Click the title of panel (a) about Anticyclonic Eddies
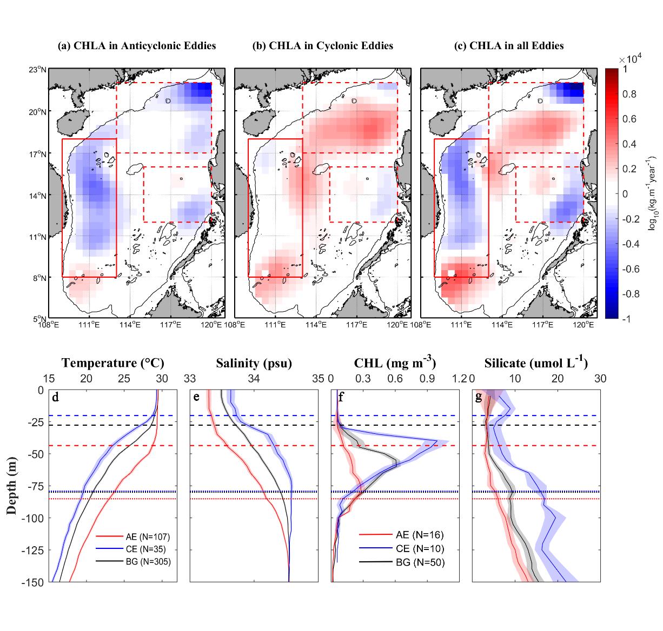tap(137, 46)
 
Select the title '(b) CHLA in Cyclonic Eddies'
tap(323, 46)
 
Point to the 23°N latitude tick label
tap(40, 70)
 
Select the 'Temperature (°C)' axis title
tap(113, 363)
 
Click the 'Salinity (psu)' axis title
tap(254, 363)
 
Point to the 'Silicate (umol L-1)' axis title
tap(536, 363)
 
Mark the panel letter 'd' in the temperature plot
tap(55, 398)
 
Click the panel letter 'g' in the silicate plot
tap(478, 398)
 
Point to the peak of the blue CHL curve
tap(437, 441)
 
